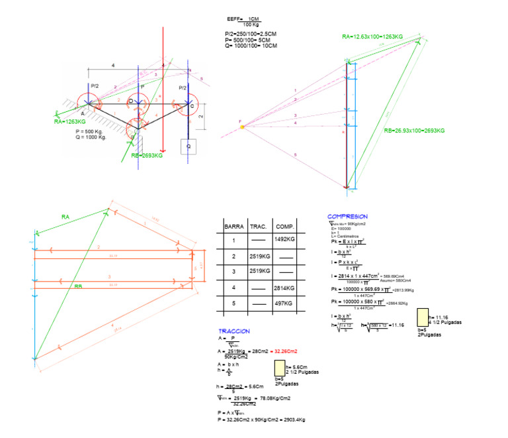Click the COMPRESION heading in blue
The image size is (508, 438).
click(347, 217)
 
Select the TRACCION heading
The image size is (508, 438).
click(234, 331)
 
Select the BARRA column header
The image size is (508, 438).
click(234, 227)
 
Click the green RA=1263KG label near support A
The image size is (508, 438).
click(70, 122)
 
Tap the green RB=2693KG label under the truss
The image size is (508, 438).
click(148, 155)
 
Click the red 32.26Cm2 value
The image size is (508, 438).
click(284, 351)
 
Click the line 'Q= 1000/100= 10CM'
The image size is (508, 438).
click(251, 46)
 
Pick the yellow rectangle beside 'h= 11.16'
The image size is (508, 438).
click(423, 318)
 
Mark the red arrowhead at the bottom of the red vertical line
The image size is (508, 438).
click(163, 150)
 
